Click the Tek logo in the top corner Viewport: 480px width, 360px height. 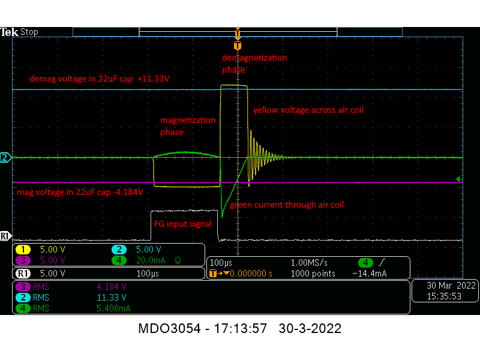point(9,32)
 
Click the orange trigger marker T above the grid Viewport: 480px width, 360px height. point(238,46)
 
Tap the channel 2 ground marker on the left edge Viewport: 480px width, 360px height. point(6,158)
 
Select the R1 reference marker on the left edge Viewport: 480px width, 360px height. point(6,236)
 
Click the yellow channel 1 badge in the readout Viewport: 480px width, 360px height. point(23,250)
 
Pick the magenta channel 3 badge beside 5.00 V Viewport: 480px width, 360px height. point(23,260)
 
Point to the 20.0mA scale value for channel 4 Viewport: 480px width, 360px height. point(151,260)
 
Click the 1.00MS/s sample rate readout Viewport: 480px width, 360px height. point(309,263)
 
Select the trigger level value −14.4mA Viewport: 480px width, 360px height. point(370,274)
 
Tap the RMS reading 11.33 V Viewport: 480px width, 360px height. point(112,297)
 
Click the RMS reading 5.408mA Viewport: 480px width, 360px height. point(113,308)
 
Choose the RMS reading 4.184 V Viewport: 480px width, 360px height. point(112,287)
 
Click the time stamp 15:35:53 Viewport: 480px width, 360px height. point(444,296)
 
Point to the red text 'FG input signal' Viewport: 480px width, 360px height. point(183,224)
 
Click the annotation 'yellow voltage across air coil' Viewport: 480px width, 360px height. point(308,110)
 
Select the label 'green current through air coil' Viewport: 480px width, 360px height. point(287,205)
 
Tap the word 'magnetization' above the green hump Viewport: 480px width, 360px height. point(188,121)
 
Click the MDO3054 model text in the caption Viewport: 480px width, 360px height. point(169,328)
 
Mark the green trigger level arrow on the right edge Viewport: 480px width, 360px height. point(459,179)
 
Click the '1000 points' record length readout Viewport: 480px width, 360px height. point(313,274)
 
